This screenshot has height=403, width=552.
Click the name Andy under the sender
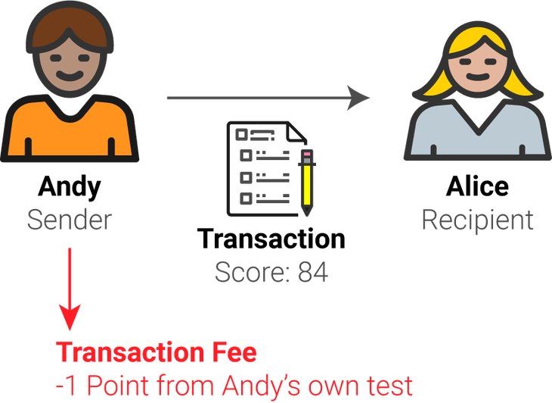(x=69, y=186)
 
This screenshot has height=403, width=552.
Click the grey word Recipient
(x=478, y=220)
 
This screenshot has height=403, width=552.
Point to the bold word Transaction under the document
(x=271, y=239)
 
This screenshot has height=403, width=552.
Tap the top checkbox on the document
(x=243, y=134)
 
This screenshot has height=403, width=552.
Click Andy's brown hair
(x=69, y=23)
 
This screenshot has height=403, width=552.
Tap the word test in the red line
(x=386, y=386)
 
